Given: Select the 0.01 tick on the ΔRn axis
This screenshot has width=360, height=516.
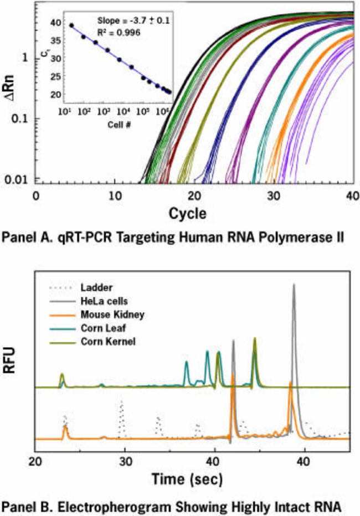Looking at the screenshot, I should [21, 179].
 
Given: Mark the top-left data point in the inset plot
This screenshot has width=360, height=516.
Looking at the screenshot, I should [71, 25].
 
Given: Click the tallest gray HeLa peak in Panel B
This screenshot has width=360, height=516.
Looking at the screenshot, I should [294, 286].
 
